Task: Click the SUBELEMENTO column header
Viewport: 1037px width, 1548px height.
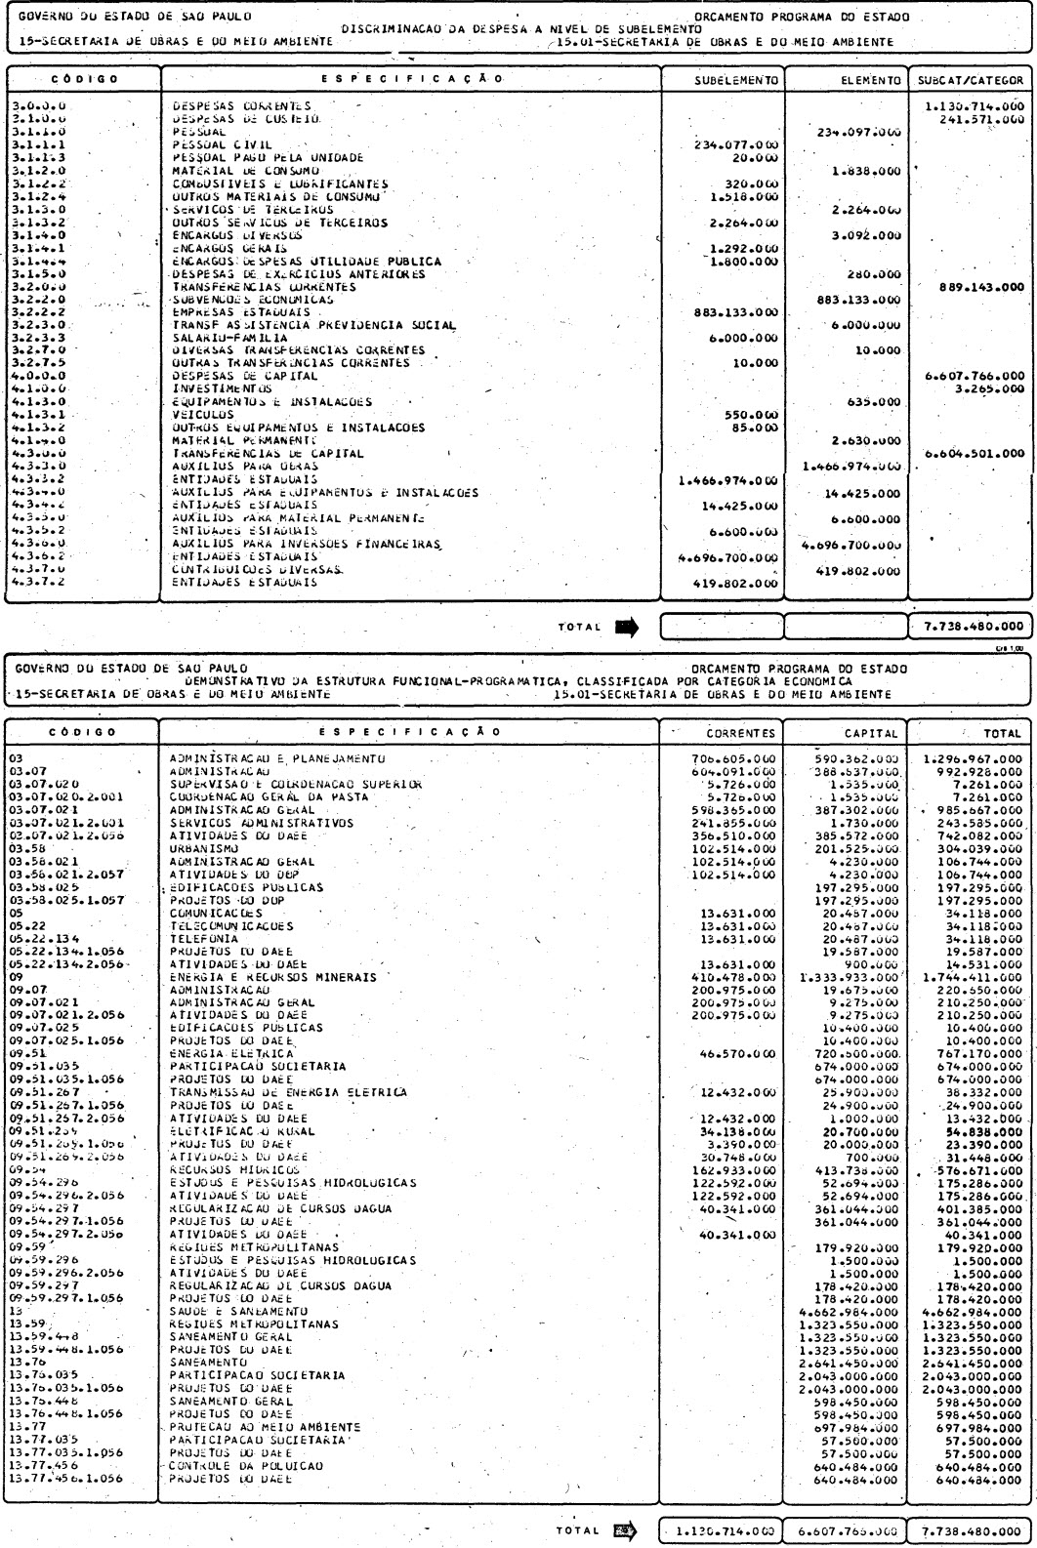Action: pos(736,80)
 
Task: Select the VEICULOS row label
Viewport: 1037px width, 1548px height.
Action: pos(203,414)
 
